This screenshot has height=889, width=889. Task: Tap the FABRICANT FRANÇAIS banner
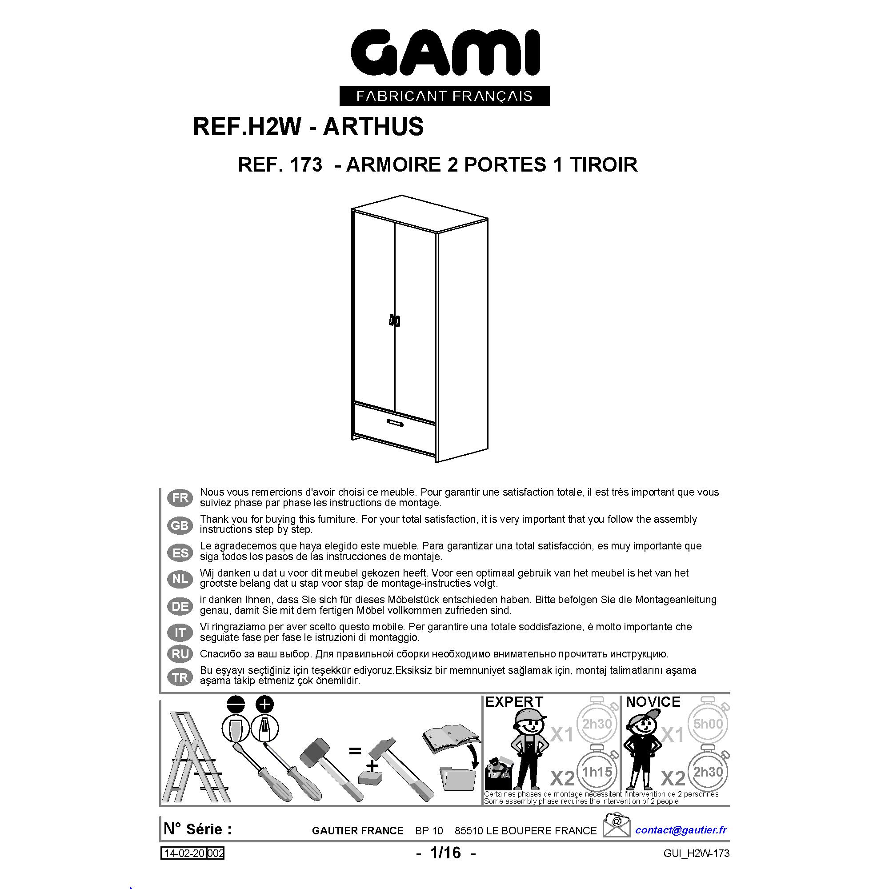click(444, 96)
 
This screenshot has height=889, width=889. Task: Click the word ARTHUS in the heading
click(373, 127)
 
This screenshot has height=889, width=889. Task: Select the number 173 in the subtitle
click(306, 165)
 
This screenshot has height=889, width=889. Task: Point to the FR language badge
click(180, 498)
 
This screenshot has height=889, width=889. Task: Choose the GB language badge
click(180, 525)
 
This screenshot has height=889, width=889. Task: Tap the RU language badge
click(180, 654)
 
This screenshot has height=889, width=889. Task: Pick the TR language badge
click(180, 677)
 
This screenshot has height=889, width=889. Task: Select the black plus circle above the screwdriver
click(264, 704)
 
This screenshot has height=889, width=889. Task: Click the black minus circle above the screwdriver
click(236, 704)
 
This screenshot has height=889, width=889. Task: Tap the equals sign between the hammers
click(355, 751)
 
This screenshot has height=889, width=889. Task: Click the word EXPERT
click(514, 702)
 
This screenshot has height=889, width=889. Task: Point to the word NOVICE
click(653, 702)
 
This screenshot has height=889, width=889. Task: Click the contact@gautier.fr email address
click(681, 829)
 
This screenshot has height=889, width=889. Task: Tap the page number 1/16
click(445, 853)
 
